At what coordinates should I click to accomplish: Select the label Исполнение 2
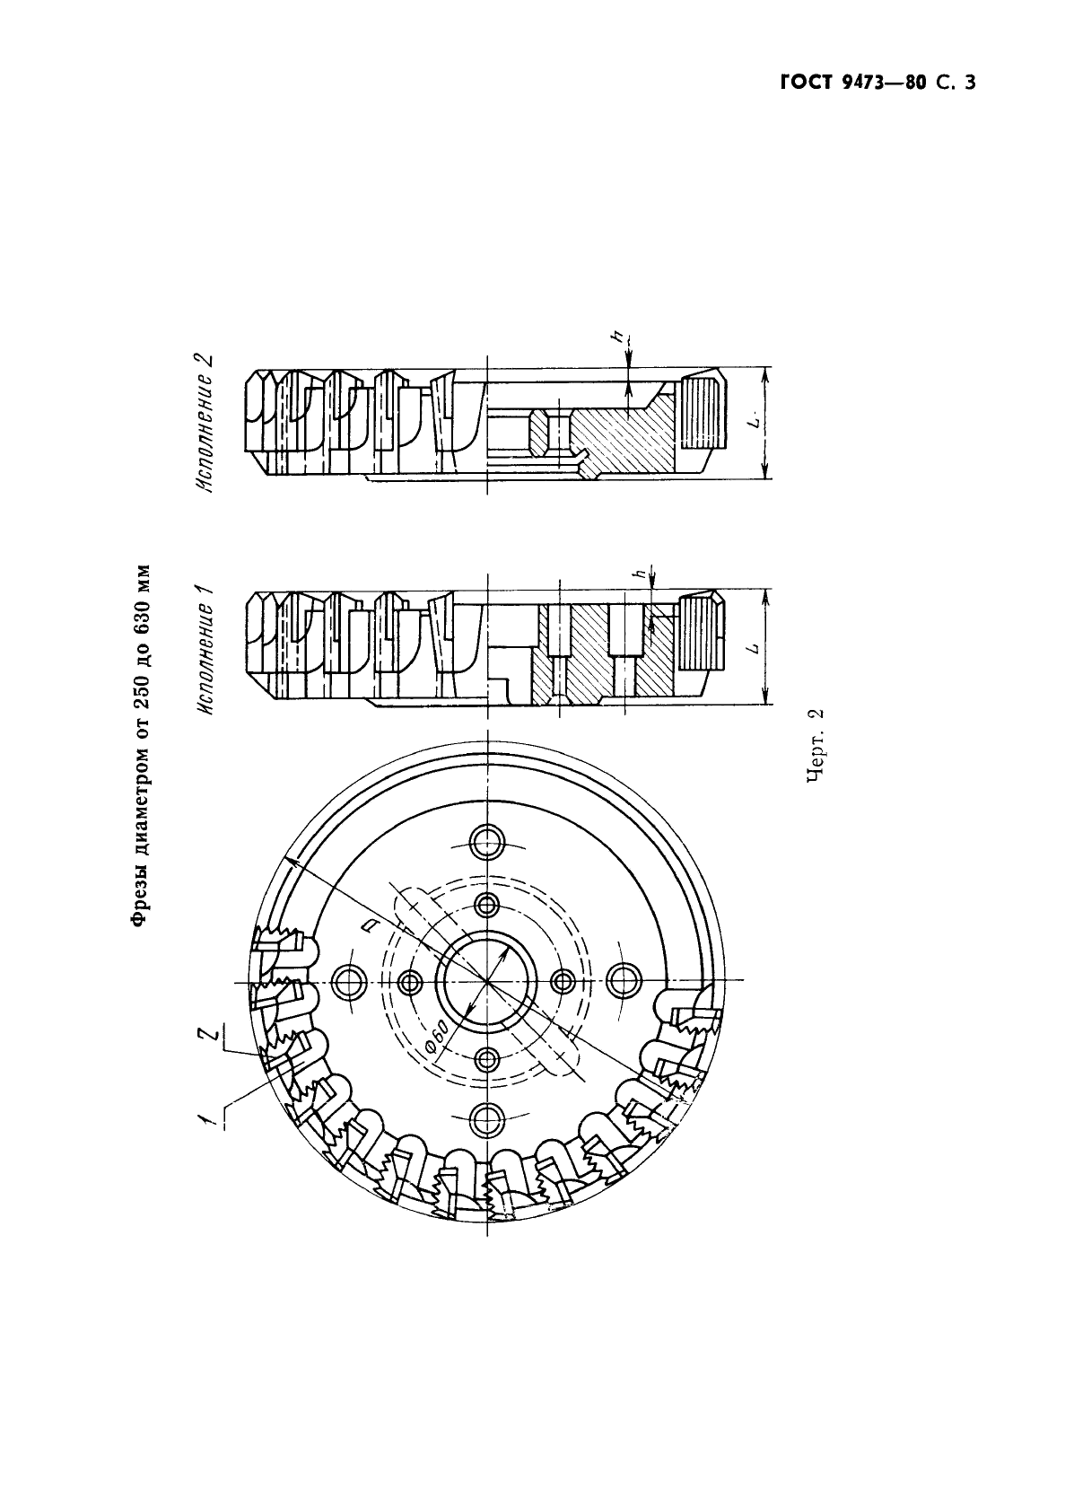coord(207,424)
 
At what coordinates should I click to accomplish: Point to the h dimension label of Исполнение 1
coord(640,573)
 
